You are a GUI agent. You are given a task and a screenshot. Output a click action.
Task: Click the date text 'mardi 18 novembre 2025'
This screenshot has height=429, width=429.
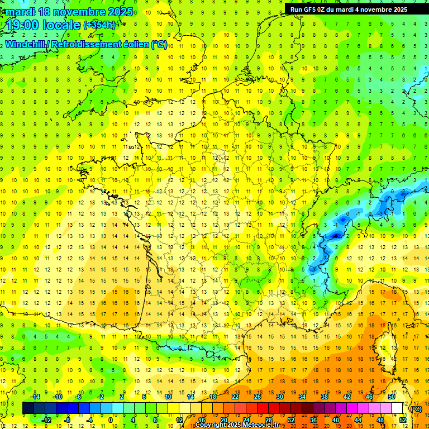[x=69, y=12]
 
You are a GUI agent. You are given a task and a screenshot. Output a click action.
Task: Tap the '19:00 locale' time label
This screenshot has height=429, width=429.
[x=44, y=25]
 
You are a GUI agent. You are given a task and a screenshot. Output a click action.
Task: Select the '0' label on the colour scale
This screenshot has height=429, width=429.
[x=111, y=420]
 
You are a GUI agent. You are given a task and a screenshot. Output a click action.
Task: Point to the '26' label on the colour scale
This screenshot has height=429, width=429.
[x=258, y=397]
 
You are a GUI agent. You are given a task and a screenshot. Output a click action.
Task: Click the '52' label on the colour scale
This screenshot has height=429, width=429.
[x=403, y=420]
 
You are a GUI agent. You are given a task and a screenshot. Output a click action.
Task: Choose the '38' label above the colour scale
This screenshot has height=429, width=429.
[x=325, y=397]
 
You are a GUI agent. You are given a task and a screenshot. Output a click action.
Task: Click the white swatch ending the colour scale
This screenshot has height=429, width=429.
[x=397, y=408]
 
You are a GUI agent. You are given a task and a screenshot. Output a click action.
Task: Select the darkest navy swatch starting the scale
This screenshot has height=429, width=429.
[x=28, y=408]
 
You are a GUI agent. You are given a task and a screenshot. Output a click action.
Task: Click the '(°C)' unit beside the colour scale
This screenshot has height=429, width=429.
[x=416, y=408]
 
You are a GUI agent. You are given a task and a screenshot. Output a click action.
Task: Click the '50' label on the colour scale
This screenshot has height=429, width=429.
[x=392, y=397]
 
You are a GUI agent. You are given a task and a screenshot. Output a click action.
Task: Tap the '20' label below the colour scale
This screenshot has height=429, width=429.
[x=223, y=420]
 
